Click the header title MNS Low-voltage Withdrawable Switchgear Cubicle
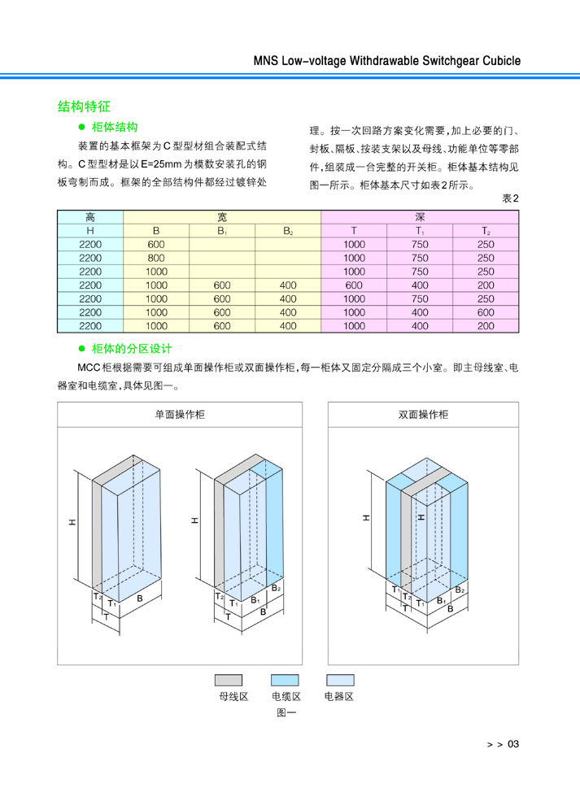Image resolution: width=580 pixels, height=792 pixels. click(387, 61)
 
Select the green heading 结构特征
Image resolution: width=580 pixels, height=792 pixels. click(84, 107)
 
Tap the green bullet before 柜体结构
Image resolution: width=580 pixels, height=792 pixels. click(82, 127)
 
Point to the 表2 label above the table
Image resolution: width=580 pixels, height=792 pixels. click(510, 198)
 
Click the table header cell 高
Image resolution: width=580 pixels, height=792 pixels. click(90, 217)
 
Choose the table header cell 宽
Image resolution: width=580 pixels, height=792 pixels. click(222, 217)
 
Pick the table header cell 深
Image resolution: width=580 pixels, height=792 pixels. click(420, 217)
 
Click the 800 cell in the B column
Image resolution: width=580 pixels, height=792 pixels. click(156, 258)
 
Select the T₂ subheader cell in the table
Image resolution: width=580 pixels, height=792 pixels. click(486, 231)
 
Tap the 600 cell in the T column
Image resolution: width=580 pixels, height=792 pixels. click(354, 285)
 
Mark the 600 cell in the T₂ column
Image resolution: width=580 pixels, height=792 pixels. click(486, 313)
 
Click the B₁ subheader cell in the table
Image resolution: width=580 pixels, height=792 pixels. click(222, 231)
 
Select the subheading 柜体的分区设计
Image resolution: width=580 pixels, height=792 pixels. click(132, 349)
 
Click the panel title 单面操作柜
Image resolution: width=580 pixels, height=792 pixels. click(180, 415)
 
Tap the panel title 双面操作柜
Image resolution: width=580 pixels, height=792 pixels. click(423, 415)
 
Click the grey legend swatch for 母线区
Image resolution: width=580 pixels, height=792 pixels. click(229, 680)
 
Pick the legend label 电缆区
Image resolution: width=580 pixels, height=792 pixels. click(286, 697)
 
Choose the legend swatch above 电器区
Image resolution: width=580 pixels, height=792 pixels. click(340, 680)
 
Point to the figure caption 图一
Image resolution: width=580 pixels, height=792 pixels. click(286, 712)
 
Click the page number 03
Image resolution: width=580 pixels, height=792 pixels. click(513, 744)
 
